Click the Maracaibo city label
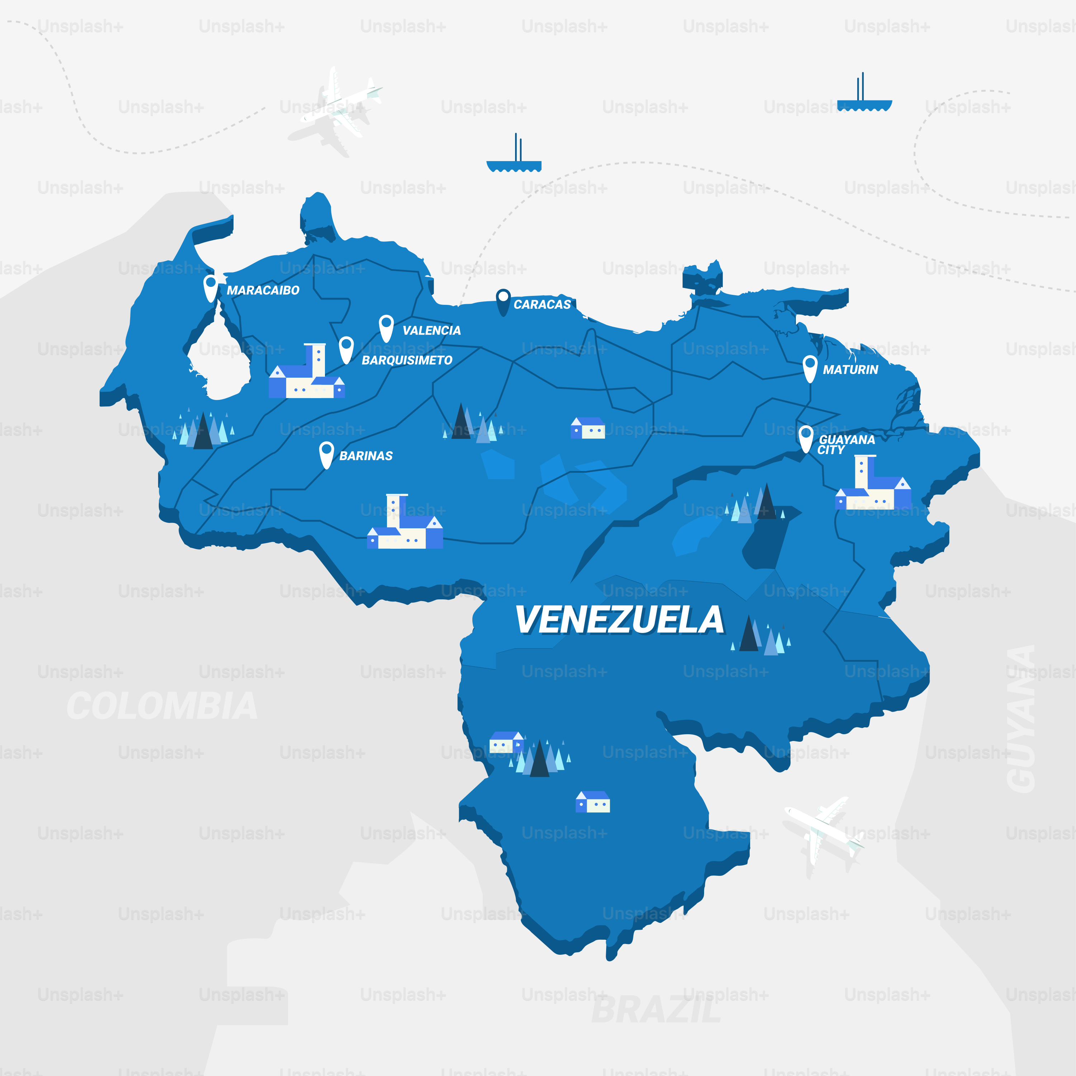263,290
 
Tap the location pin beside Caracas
503,301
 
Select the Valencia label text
431,330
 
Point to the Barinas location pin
326,454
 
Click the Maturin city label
850,370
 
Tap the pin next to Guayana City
806,438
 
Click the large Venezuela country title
619,620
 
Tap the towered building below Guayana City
873,485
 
